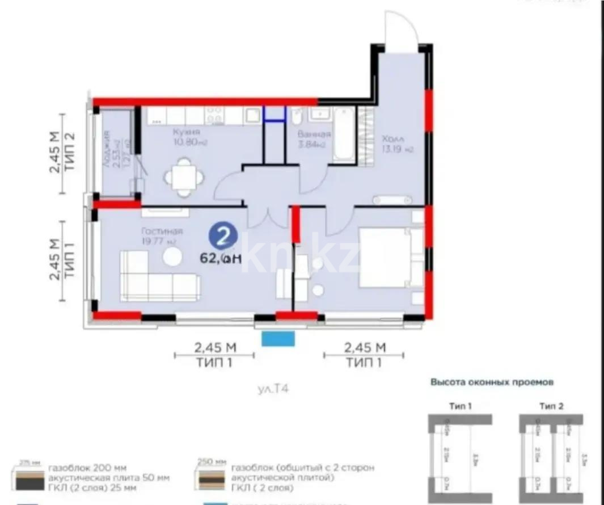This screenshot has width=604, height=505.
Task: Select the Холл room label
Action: click(392, 139)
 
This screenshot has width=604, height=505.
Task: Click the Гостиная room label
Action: click(163, 232)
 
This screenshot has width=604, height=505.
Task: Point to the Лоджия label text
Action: click(107, 152)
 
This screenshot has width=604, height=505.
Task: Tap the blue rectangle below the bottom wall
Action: click(278, 339)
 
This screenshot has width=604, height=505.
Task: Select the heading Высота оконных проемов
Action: click(492, 382)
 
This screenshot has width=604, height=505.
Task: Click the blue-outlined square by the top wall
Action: click(274, 113)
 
